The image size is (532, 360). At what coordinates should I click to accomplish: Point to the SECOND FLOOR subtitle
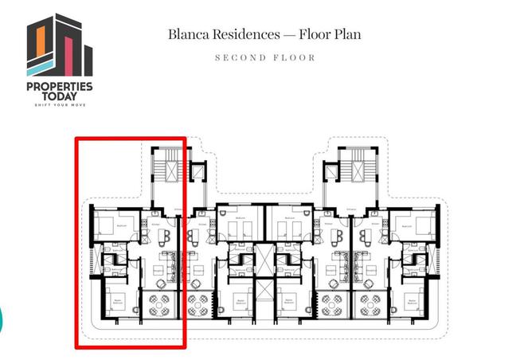[x=266, y=58]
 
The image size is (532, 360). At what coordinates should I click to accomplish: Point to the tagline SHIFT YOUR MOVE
[x=60, y=104]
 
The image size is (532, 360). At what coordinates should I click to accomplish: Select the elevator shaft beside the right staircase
[x=328, y=173]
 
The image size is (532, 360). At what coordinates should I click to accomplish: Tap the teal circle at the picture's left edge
[x=1, y=319]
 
